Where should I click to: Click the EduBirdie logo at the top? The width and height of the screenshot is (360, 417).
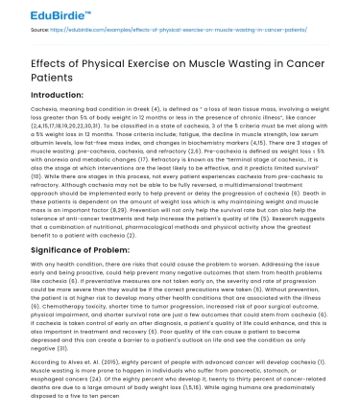point(39,13)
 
